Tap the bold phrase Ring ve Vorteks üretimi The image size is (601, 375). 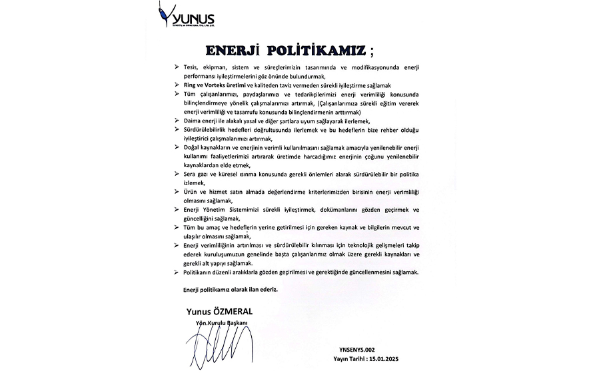209,87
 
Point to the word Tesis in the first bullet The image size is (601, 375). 192,69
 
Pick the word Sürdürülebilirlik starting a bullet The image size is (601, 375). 209,129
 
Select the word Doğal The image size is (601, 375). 193,146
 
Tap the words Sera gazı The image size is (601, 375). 198,173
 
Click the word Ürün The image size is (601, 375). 192,191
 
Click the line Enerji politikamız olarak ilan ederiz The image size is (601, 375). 230,290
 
